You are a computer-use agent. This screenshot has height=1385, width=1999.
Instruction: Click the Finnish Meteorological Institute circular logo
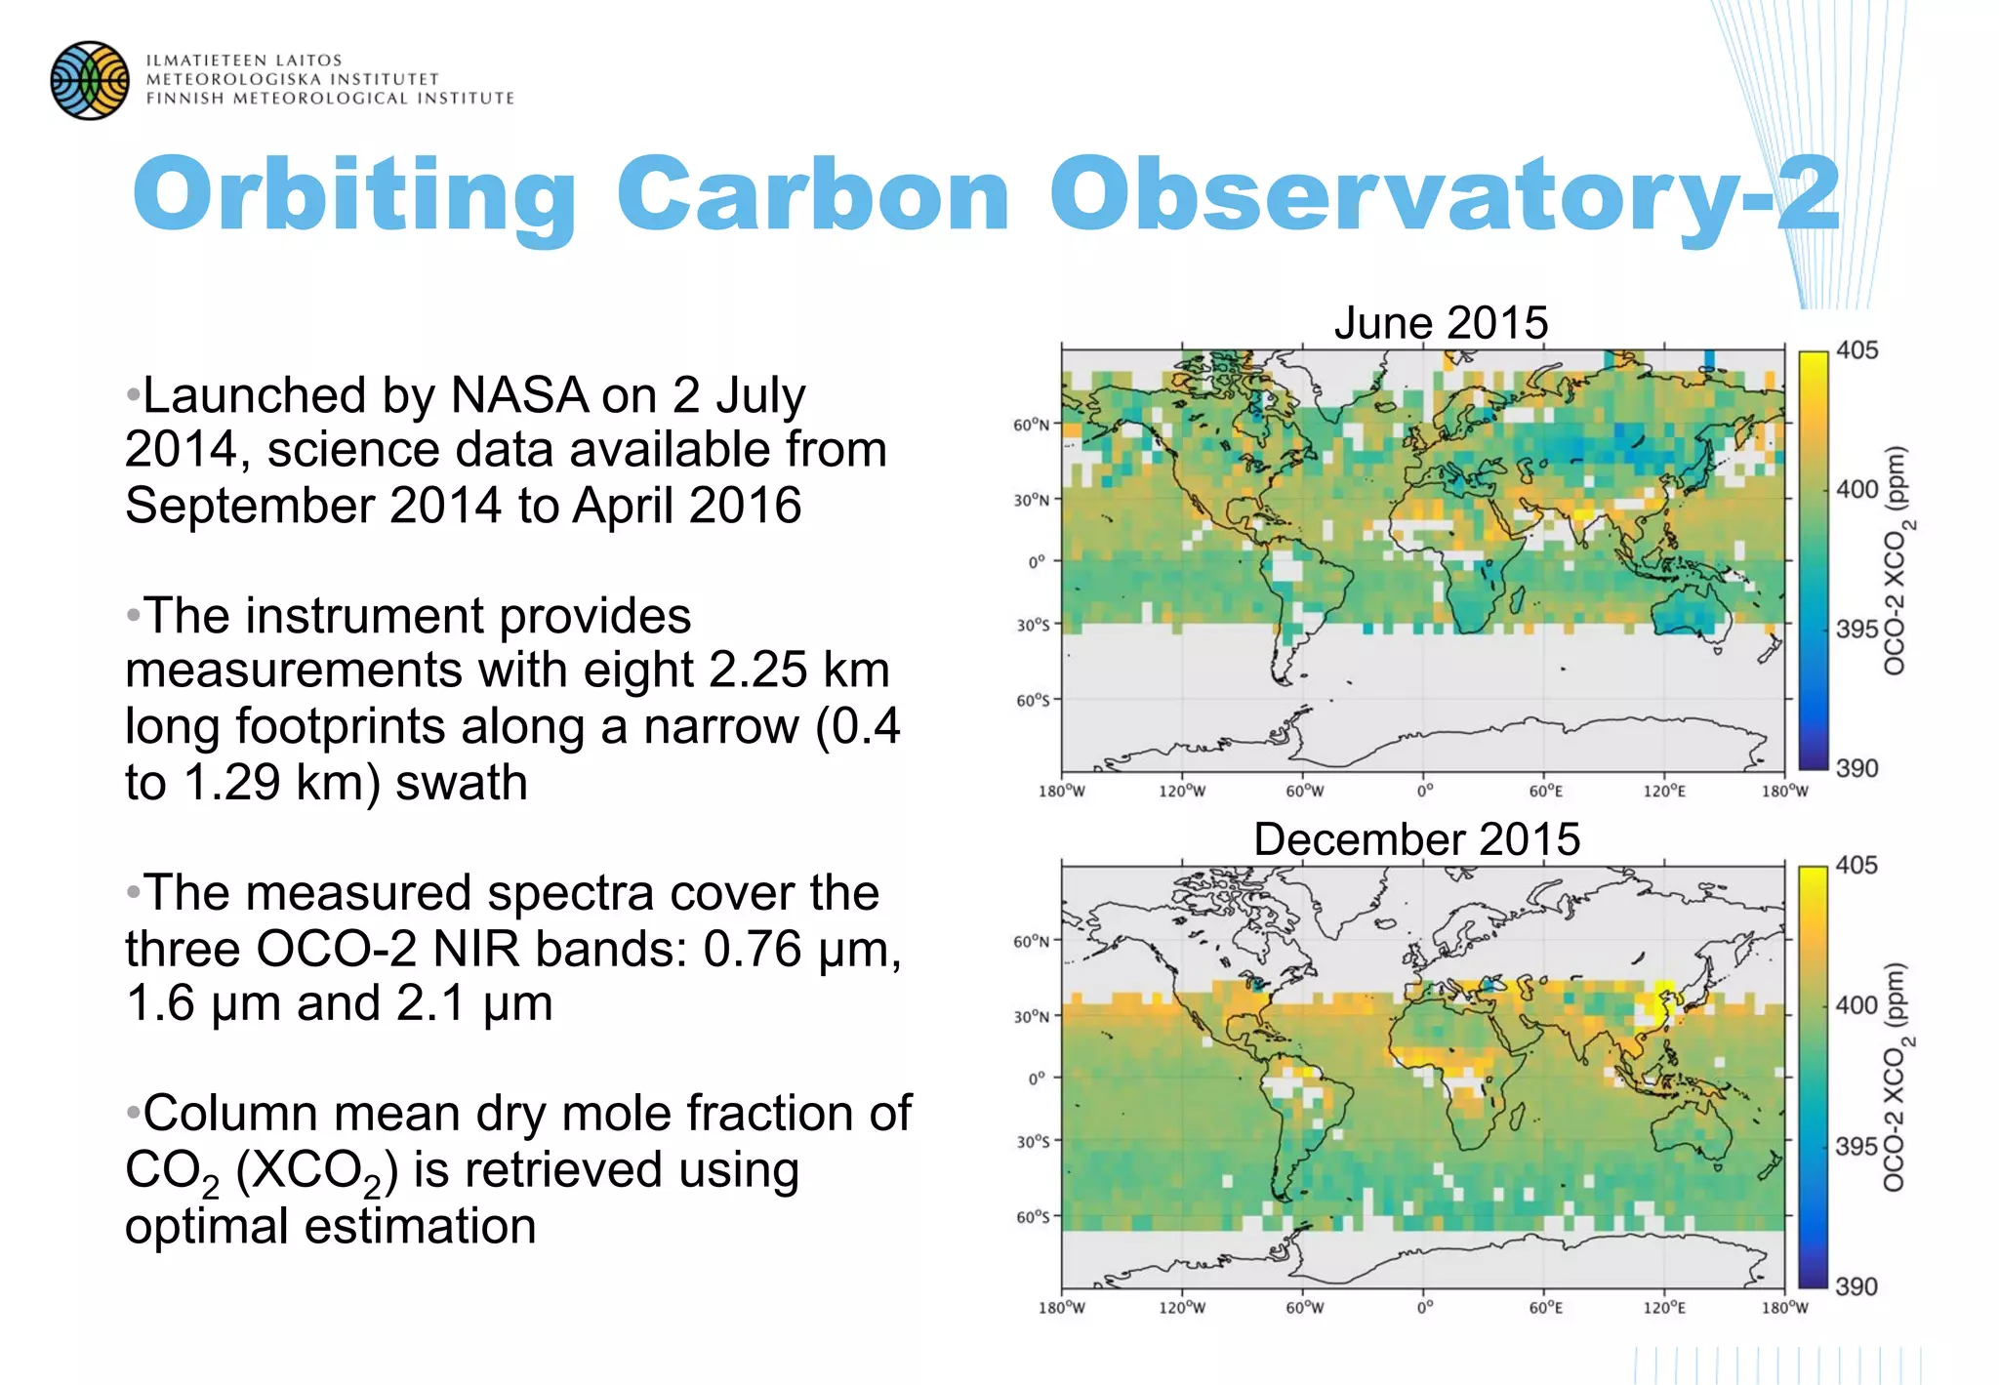click(90, 80)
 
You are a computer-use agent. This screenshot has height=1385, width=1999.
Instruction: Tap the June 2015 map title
click(1441, 323)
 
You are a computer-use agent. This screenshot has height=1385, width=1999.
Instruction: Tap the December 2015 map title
click(1416, 839)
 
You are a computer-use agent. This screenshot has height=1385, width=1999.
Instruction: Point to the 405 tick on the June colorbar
click(1856, 350)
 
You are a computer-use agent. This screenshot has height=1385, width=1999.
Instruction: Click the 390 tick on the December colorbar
click(1856, 1286)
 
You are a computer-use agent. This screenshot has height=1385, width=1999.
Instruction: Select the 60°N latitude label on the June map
click(1031, 426)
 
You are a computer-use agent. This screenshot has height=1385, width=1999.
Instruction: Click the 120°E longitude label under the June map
click(1663, 792)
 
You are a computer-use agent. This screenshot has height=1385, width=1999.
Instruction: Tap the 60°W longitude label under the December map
click(1304, 1308)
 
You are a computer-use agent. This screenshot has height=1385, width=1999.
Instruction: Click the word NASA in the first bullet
click(518, 396)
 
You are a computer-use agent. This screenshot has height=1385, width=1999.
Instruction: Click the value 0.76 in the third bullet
click(752, 950)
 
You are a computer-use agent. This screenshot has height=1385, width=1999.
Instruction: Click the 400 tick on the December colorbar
click(1856, 1005)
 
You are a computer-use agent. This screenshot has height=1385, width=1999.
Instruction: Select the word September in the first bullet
click(250, 507)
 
